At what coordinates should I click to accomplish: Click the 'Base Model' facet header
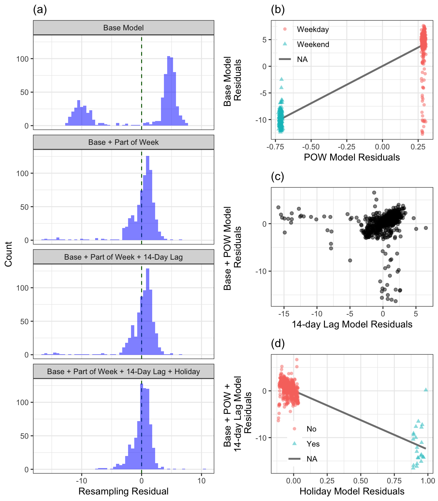pyautogui.click(x=124, y=28)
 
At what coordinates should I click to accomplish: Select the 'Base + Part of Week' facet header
pyautogui.click(x=124, y=142)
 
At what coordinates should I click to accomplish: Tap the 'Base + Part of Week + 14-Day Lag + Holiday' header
pyautogui.click(x=124, y=372)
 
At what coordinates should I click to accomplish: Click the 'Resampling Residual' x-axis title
pyautogui.click(x=124, y=491)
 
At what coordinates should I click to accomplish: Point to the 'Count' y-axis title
pyautogui.click(x=8, y=254)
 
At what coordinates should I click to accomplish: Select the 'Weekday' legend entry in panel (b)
pyautogui.click(x=313, y=29)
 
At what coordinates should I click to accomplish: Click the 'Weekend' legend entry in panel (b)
pyautogui.click(x=313, y=44)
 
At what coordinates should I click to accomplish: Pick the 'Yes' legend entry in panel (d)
pyautogui.click(x=313, y=444)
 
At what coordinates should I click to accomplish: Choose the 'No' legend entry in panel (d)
pyautogui.click(x=311, y=429)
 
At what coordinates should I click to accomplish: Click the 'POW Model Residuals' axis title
pyautogui.click(x=352, y=157)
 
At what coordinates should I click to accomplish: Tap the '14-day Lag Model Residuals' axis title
pyautogui.click(x=352, y=324)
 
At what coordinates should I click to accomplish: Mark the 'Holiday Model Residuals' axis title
pyautogui.click(x=352, y=491)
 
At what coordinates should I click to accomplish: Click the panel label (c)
pyautogui.click(x=278, y=176)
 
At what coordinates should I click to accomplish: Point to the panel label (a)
pyautogui.click(x=40, y=10)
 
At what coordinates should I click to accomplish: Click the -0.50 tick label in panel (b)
pyautogui.click(x=311, y=147)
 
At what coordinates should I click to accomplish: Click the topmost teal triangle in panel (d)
pyautogui.click(x=426, y=389)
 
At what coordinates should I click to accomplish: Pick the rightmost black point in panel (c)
pyautogui.click(x=426, y=228)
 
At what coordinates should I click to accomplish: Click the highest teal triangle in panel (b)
pyautogui.click(x=282, y=79)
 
